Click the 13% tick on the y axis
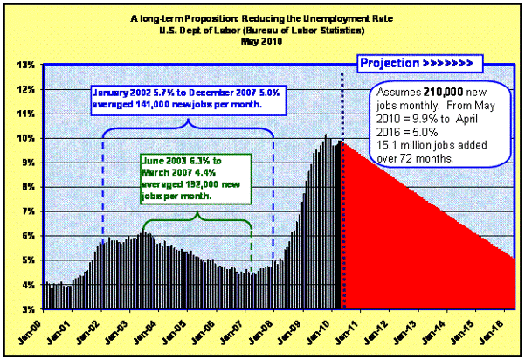click(24, 65)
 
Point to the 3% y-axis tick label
click(26, 308)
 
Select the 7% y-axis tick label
click(26, 211)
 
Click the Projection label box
click(417, 64)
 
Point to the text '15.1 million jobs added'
click(426, 147)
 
